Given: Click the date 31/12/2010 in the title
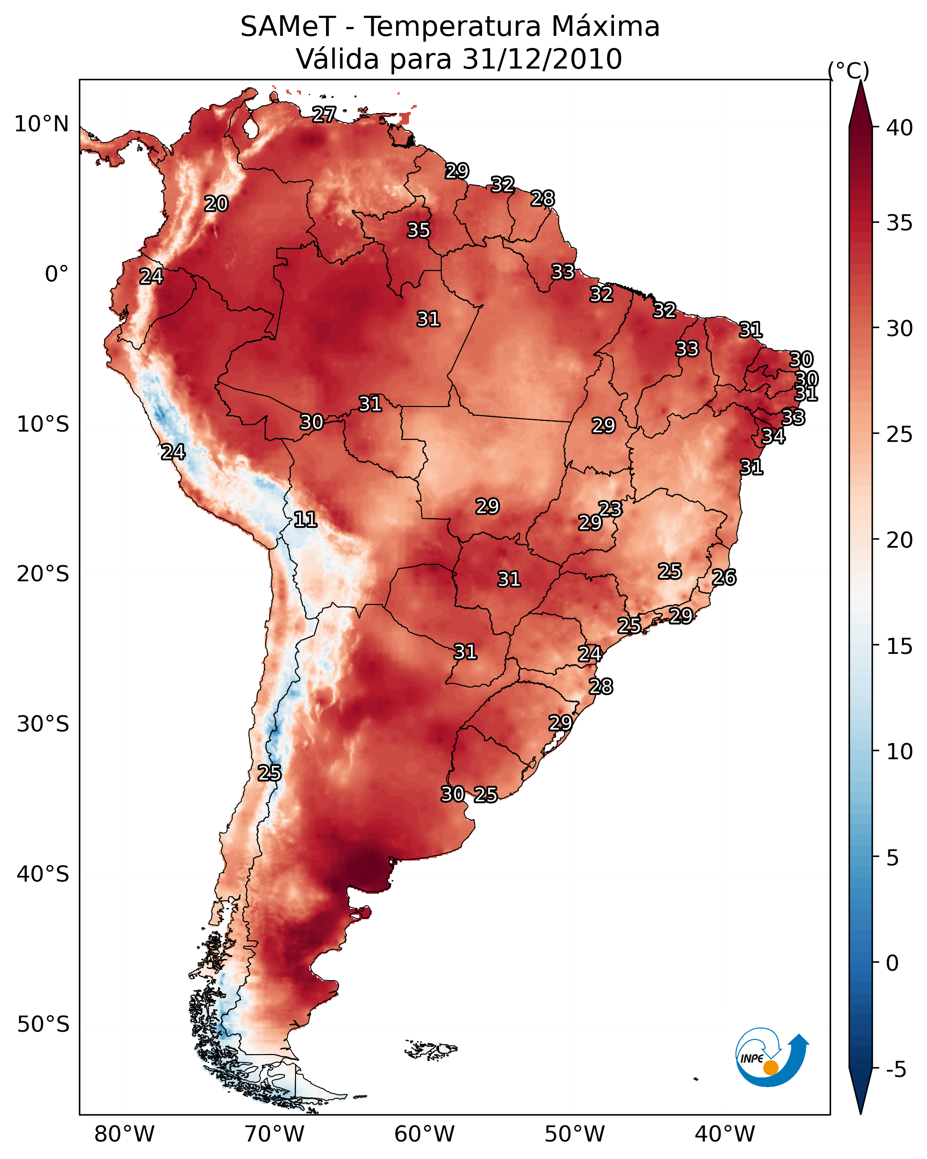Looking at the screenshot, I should pyautogui.click(x=542, y=59).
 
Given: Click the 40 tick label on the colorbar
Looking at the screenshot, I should pyautogui.click(x=900, y=128).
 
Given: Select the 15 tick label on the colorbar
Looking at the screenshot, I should pyautogui.click(x=900, y=646).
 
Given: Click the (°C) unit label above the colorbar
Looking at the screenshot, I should pyautogui.click(x=848, y=70).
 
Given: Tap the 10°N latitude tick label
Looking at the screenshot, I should pyautogui.click(x=41, y=124).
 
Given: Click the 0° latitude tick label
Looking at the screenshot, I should pyautogui.click(x=57, y=274).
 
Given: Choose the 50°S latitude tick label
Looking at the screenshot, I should pyautogui.click(x=43, y=1025).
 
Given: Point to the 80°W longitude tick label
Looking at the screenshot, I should pyautogui.click(x=124, y=1134).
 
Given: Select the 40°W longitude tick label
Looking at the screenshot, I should pyautogui.click(x=725, y=1134).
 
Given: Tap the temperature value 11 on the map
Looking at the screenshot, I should pyautogui.click(x=305, y=519).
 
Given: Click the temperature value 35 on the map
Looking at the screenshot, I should pyautogui.click(x=418, y=230).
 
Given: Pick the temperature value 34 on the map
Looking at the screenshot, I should pyautogui.click(x=773, y=436).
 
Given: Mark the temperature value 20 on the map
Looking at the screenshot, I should pyautogui.click(x=216, y=204).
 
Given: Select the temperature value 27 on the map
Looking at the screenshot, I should pyautogui.click(x=324, y=114).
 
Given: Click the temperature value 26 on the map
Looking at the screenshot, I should pyautogui.click(x=724, y=577).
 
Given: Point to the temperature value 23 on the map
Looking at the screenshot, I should pyautogui.click(x=610, y=509).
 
